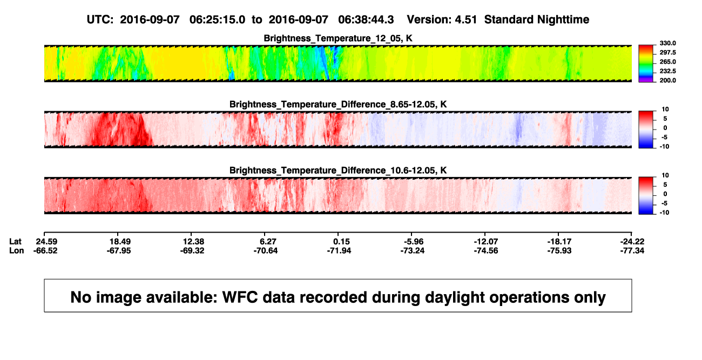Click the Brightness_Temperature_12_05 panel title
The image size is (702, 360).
(x=338, y=38)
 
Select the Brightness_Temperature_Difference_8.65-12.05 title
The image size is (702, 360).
(x=338, y=104)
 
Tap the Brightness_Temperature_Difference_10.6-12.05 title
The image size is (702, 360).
(x=338, y=171)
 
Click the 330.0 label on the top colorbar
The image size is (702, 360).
(x=667, y=43)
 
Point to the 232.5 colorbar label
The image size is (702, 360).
(x=667, y=71)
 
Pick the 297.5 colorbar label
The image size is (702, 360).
(x=667, y=52)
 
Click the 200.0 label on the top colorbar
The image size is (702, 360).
(x=667, y=80)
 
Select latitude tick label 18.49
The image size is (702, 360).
(x=120, y=242)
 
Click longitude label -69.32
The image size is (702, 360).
(x=192, y=250)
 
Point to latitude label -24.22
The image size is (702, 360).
(x=632, y=242)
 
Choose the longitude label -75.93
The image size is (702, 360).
(x=559, y=250)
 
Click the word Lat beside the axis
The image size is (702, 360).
(x=15, y=242)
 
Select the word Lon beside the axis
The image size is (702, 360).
(x=16, y=250)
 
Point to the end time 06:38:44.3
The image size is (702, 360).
(x=366, y=20)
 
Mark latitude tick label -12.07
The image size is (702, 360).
(x=486, y=242)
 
